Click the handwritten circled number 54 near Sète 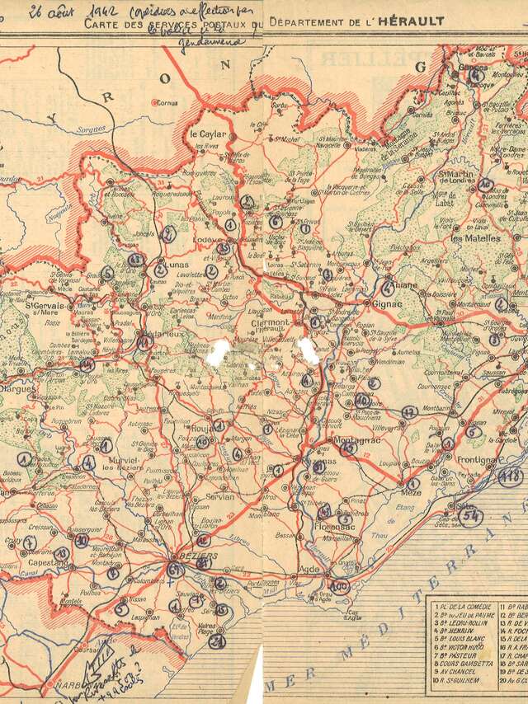pos(471,515)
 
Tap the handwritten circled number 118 pos(511,476)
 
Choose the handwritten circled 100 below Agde pos(339,587)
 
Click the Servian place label pos(217,497)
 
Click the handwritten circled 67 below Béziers pos(175,570)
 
